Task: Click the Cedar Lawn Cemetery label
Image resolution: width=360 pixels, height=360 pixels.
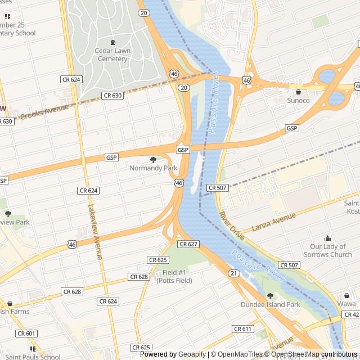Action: tap(111, 55)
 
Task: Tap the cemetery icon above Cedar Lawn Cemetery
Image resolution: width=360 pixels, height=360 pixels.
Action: tap(112, 42)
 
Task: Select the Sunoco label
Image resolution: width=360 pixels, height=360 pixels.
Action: tap(298, 100)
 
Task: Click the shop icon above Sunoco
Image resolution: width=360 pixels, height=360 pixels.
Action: tap(298, 92)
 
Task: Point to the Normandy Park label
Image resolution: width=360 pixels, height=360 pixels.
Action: tap(153, 168)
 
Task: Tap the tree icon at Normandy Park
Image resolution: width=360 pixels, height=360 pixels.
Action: tap(153, 160)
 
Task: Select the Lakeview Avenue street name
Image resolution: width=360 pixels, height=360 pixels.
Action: tap(94, 231)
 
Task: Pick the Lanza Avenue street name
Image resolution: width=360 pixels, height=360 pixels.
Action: tap(274, 222)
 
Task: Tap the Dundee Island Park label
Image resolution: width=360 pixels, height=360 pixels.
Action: tap(271, 305)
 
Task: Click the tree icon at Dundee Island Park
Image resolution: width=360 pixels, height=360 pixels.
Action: tap(271, 296)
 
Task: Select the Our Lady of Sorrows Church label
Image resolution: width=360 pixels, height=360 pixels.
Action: tap(331, 251)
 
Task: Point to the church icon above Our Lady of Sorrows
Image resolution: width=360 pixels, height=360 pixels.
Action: tap(328, 238)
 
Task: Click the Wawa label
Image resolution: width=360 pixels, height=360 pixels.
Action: tap(347, 305)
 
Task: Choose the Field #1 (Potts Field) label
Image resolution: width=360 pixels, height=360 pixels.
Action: tap(174, 276)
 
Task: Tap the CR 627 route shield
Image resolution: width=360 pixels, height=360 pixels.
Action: tap(188, 244)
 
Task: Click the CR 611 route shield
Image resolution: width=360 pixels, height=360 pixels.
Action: tap(242, 328)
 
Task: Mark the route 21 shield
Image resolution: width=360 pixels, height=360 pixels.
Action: tap(233, 273)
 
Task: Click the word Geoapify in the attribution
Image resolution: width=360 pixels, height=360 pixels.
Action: tap(192, 354)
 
